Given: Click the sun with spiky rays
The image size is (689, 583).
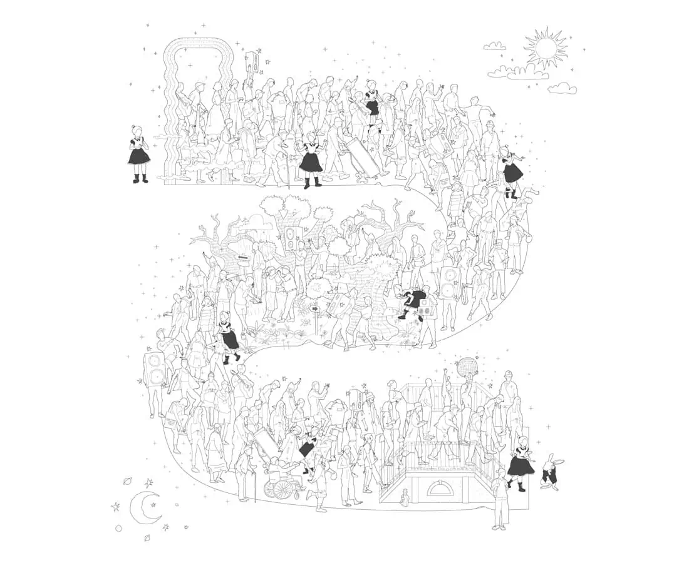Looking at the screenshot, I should [545, 48].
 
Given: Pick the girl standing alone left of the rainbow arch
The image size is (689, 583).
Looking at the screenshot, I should [138, 153].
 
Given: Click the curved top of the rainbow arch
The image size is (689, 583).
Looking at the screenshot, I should [198, 45].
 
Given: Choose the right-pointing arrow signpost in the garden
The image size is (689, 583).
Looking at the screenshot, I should [315, 309].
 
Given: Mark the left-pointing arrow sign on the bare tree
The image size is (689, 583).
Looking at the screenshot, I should [241, 256].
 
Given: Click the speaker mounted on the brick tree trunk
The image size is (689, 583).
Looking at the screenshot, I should [291, 237].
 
